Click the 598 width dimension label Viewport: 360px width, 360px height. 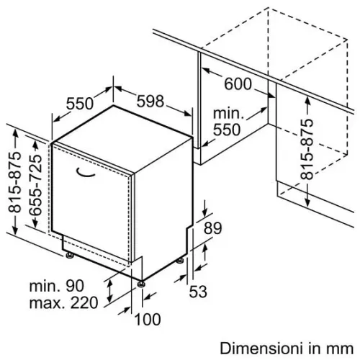click(150, 101)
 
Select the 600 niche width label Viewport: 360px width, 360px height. click(238, 84)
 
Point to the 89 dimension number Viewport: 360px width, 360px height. click(212, 228)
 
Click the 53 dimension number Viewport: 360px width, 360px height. click(198, 292)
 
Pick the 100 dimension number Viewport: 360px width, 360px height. click(148, 319)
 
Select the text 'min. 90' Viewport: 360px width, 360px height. click(57, 286)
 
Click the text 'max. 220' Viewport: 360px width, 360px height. click(63, 302)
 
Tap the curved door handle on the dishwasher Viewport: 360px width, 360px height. click(85, 174)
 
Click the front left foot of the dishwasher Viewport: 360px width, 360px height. click(70, 256)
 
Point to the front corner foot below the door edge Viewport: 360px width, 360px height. click(141, 284)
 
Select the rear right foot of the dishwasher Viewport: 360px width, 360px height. click(180, 261)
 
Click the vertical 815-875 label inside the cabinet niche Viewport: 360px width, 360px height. click(307, 149)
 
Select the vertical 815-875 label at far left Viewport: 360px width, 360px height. click(14, 182)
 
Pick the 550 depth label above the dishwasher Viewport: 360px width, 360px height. click(79, 104)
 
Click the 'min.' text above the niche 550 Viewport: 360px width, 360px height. click(228, 113)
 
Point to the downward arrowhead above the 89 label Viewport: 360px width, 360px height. click(204, 212)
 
